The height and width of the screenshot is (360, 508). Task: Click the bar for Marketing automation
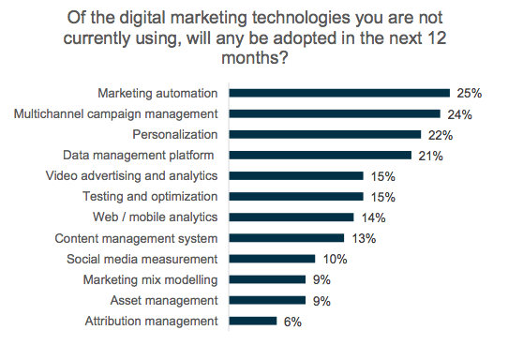pyautogui.click(x=339, y=93)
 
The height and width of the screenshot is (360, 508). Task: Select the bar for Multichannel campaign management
pyautogui.click(x=335, y=113)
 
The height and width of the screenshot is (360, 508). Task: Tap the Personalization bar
pyautogui.click(x=324, y=134)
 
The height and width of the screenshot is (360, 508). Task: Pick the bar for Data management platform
pyautogui.click(x=320, y=155)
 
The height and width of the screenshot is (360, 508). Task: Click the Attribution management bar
pyautogui.click(x=252, y=321)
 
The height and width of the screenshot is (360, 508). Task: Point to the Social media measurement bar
pyautogui.click(x=272, y=259)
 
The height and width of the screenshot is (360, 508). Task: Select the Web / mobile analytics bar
pyautogui.click(x=291, y=217)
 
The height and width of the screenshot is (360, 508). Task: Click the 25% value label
pyautogui.click(x=469, y=94)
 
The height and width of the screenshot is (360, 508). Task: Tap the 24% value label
pyautogui.click(x=459, y=114)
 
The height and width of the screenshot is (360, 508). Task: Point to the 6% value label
pyautogui.click(x=292, y=322)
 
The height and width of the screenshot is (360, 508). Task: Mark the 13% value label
pyautogui.click(x=364, y=239)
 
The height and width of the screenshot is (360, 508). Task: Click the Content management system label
pyautogui.click(x=137, y=238)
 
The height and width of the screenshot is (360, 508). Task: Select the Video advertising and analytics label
pyautogui.click(x=132, y=176)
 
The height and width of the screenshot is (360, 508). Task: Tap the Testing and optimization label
pyautogui.click(x=150, y=197)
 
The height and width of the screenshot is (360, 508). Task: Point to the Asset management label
pyautogui.click(x=166, y=300)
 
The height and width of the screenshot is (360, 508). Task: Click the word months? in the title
pyautogui.click(x=253, y=56)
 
